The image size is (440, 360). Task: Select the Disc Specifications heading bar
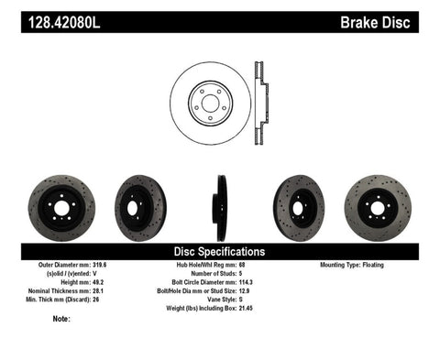pos(219,250)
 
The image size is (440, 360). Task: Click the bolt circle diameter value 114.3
pos(247,280)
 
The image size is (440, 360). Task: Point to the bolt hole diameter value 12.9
pos(245,289)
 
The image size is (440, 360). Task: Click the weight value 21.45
pos(247,305)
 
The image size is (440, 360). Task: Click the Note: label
pos(61,319)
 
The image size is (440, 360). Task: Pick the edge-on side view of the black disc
pos(220,207)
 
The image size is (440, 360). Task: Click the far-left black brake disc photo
pos(55,206)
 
